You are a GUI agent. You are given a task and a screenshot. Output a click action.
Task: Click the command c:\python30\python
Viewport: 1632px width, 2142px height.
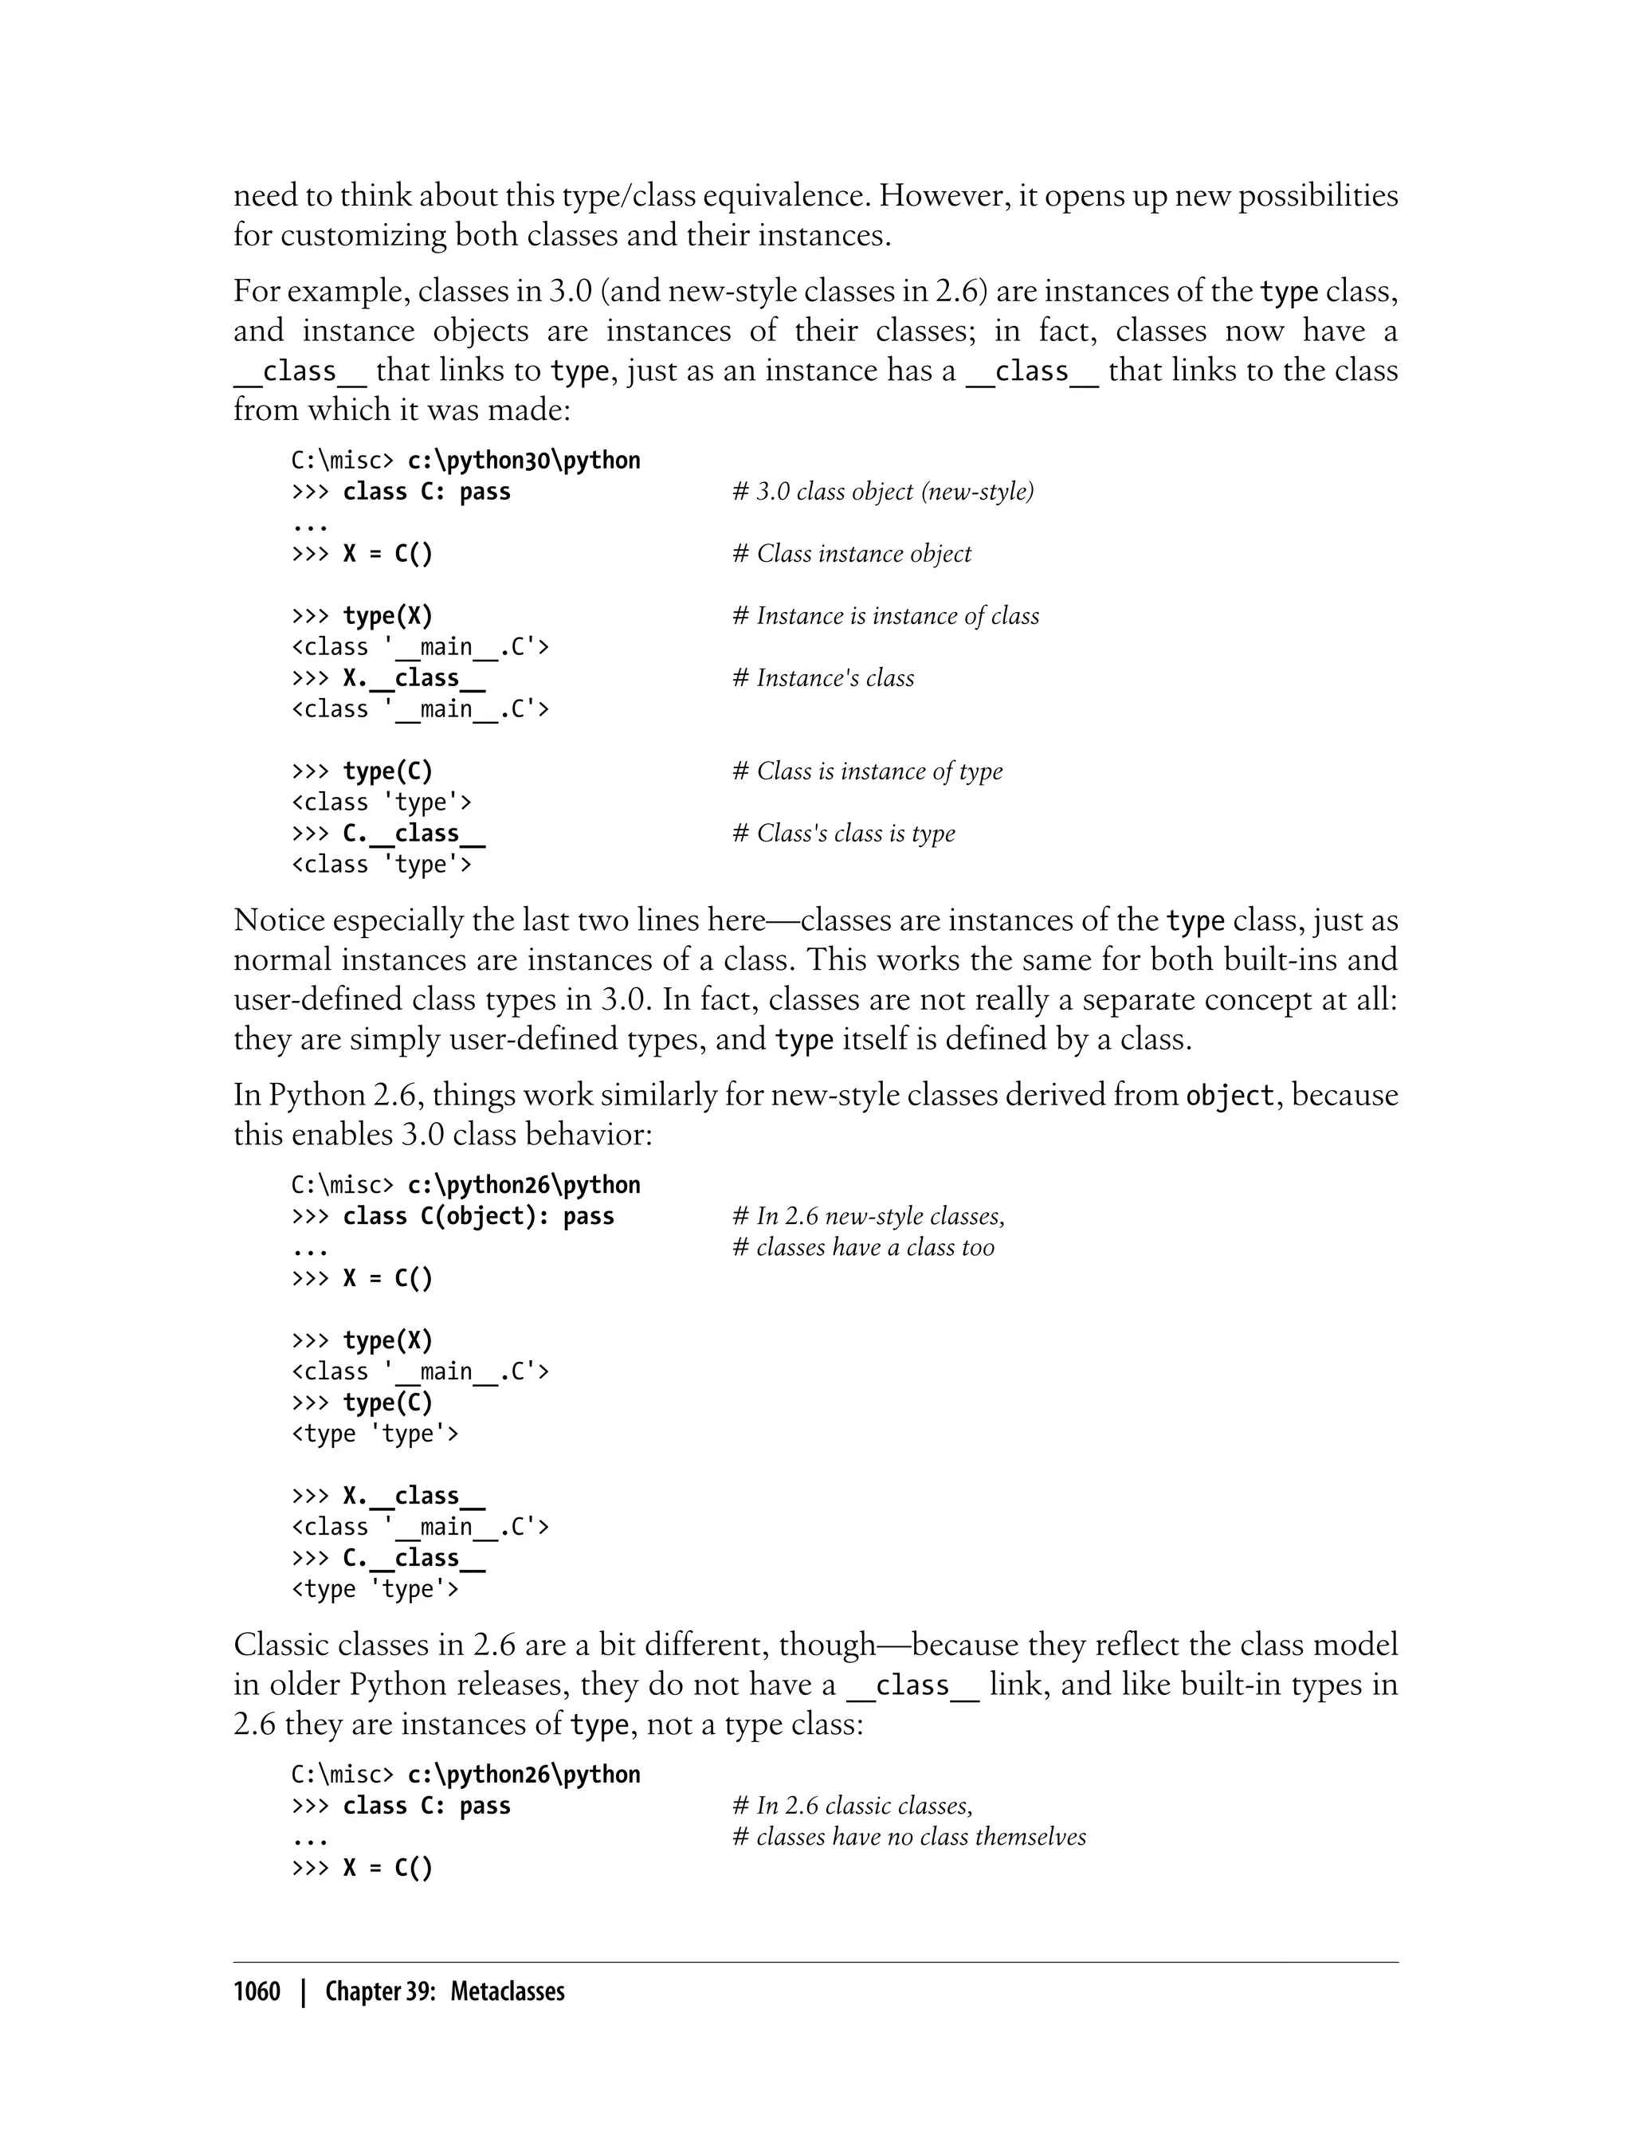click(x=524, y=461)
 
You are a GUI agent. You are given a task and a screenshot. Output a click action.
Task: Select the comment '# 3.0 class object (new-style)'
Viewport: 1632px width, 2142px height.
click(x=882, y=492)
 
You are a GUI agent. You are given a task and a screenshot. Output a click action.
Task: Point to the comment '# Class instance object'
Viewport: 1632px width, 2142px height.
click(x=851, y=554)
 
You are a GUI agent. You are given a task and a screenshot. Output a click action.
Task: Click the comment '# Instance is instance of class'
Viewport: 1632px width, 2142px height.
click(x=885, y=616)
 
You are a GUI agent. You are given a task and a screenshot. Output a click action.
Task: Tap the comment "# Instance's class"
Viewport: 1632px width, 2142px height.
click(x=823, y=678)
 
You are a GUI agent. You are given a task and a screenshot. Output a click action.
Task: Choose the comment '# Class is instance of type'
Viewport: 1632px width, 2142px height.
click(x=866, y=771)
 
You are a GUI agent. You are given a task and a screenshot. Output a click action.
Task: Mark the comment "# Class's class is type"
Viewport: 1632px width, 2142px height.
click(x=843, y=834)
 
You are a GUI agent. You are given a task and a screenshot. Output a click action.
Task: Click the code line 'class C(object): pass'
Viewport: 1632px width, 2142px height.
click(x=478, y=1216)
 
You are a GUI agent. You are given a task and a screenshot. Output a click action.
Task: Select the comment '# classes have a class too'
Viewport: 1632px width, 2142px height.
click(x=863, y=1247)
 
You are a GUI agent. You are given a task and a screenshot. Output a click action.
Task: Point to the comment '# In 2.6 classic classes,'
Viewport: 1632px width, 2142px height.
click(x=852, y=1806)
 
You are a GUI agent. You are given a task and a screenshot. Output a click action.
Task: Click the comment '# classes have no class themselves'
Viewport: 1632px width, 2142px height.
click(x=908, y=1837)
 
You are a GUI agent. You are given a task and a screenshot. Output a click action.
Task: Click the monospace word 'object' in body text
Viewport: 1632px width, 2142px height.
click(x=1230, y=1096)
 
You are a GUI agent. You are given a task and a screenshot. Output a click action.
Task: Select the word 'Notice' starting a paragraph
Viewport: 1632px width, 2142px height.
click(x=279, y=920)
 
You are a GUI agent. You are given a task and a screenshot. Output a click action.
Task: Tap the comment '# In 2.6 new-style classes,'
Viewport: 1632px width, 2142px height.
click(x=868, y=1216)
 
